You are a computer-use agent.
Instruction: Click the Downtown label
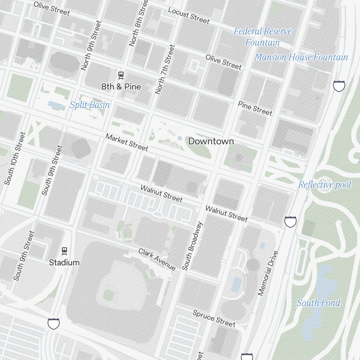coord(211,141)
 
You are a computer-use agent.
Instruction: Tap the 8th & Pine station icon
coord(121,75)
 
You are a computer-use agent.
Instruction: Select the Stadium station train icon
coord(64,250)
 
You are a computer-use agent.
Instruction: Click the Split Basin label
coord(90,105)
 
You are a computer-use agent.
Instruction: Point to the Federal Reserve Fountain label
coord(262,37)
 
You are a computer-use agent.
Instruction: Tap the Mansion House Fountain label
coord(301,57)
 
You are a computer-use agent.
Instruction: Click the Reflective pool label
coord(324,185)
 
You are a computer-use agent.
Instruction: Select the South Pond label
coord(318,303)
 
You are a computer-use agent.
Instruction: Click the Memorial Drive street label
coord(268,273)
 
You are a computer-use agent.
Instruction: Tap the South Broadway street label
coord(192,246)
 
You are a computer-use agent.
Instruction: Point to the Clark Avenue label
coord(157,259)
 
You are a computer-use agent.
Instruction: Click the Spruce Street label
coord(214,318)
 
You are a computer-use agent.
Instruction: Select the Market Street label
coord(127,143)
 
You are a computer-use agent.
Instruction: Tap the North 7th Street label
coord(165,69)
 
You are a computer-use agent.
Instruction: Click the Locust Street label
coord(189,15)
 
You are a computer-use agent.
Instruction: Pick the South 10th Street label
coord(15,158)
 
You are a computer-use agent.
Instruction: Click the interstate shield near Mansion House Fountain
coord(339,86)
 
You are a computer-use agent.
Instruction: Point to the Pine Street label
coord(255,108)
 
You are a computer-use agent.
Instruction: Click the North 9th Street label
coord(91,45)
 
